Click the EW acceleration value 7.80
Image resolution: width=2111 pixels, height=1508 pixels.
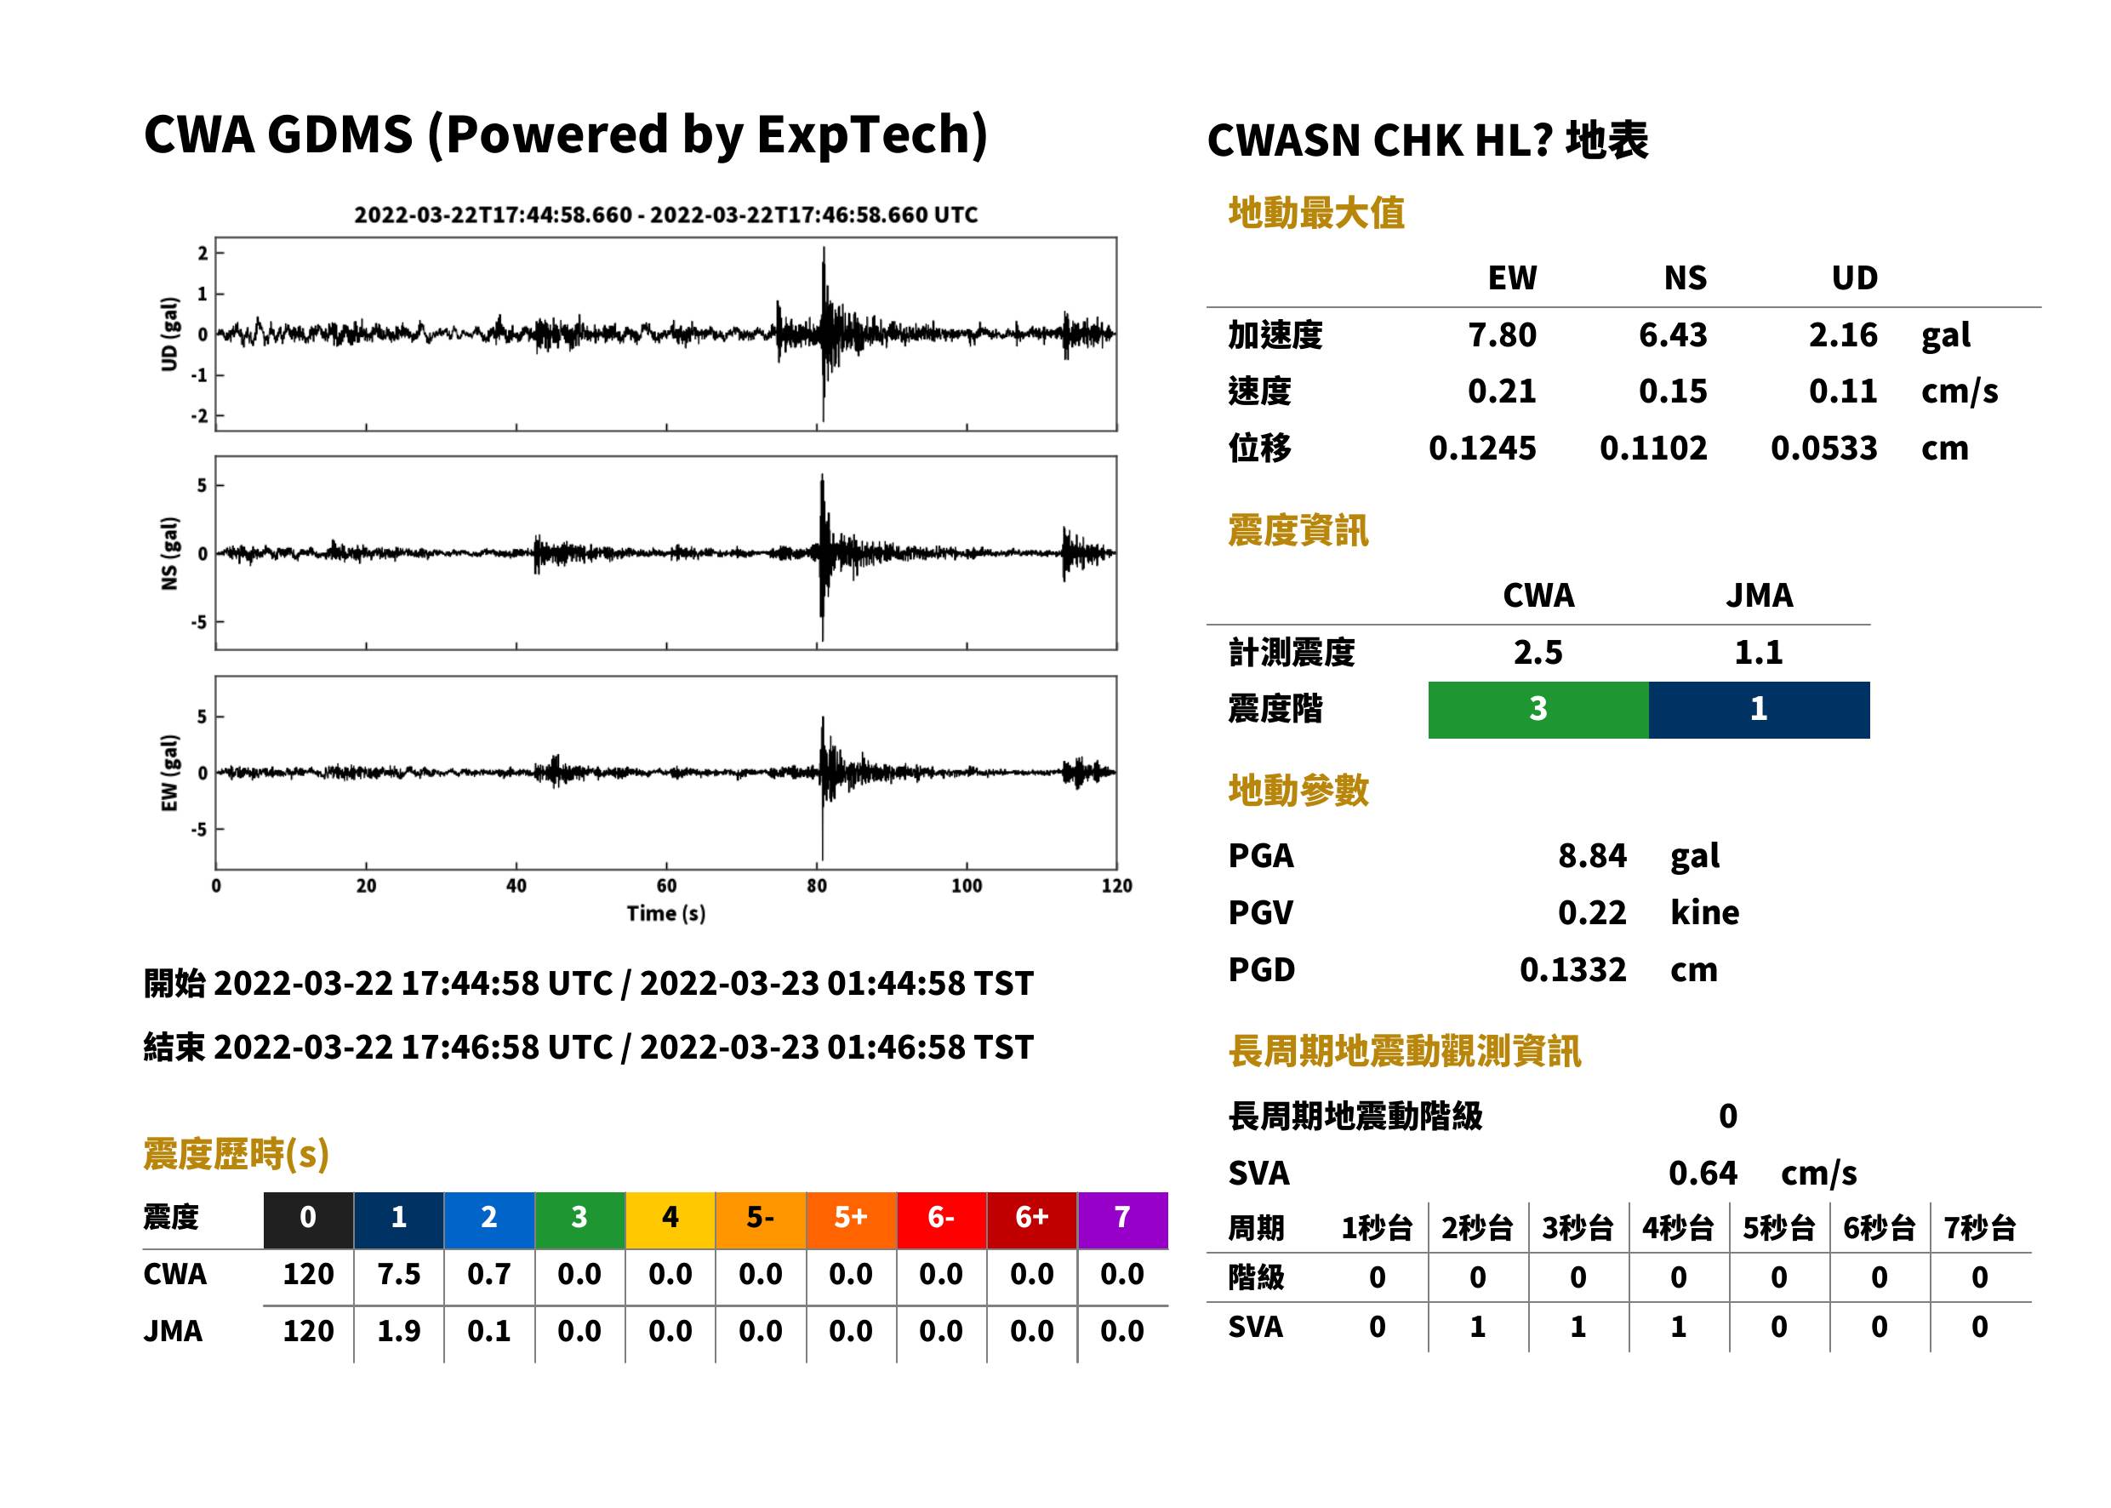[x=1501, y=334]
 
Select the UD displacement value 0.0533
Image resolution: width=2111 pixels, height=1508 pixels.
[x=1823, y=448]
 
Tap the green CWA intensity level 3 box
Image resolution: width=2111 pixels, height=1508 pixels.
[x=1538, y=710]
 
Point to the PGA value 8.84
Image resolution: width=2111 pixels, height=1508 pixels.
[x=1592, y=855]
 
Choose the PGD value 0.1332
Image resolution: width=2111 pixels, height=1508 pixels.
[x=1572, y=969]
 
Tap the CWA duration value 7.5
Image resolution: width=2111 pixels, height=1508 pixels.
[x=398, y=1274]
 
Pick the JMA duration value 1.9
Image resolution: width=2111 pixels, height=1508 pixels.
[x=398, y=1332]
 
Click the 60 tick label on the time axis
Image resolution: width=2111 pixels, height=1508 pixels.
[x=666, y=886]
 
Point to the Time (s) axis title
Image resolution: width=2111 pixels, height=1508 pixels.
[x=665, y=914]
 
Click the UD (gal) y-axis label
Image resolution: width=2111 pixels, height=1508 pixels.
[x=169, y=334]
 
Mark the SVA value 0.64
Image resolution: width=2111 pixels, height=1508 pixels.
[x=1703, y=1173]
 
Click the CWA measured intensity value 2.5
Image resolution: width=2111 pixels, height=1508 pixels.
[x=1538, y=652]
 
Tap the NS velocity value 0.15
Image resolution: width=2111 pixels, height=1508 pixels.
[x=1673, y=391]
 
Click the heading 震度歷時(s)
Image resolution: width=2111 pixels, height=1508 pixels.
[x=237, y=1154]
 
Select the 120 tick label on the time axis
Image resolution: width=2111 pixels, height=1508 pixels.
[x=1117, y=886]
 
